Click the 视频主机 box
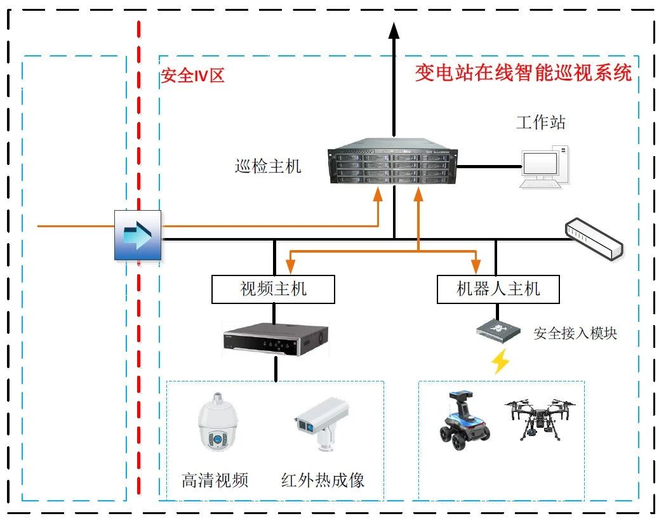tap(273, 289)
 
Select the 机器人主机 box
tap(498, 289)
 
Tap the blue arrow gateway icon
tap(138, 235)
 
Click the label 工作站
tap(540, 122)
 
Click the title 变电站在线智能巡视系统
tap(523, 73)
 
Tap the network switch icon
tap(594, 238)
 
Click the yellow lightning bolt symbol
tap(500, 361)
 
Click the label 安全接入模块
tap(575, 333)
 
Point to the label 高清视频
tap(215, 480)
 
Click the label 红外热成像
tap(323, 480)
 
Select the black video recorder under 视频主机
tap(276, 338)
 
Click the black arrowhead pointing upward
tap(394, 30)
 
